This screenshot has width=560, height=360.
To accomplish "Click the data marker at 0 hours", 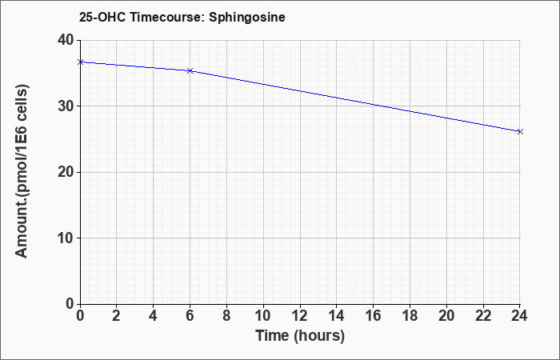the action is click(x=81, y=62).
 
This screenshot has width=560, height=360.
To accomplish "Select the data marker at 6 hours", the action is click(x=190, y=70).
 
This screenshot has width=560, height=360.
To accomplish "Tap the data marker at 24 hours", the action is click(x=520, y=132).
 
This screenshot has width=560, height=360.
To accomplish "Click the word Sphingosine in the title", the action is click(x=247, y=17).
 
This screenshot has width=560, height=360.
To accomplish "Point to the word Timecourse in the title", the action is click(x=166, y=17).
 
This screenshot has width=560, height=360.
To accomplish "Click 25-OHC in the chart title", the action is click(x=102, y=17).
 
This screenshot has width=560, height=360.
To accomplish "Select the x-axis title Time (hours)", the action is click(x=300, y=336).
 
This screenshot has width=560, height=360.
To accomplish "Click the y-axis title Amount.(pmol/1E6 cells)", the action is click(x=22, y=171).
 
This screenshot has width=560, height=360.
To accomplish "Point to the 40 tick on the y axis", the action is click(x=65, y=40).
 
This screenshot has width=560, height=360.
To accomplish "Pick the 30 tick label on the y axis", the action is click(x=65, y=106).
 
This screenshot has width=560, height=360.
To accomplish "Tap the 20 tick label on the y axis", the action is click(x=65, y=172).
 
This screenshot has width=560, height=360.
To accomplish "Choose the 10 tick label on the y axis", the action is click(x=65, y=238).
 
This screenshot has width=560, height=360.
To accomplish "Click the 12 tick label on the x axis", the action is click(x=300, y=316).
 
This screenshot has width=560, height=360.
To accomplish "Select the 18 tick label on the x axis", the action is click(x=410, y=316).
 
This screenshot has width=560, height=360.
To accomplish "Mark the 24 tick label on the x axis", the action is click(x=519, y=316).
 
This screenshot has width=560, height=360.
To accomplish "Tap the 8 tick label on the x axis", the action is click(x=226, y=316).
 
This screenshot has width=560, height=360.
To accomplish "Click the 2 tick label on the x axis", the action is click(x=117, y=316).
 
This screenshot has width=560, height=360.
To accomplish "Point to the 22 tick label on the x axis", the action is click(x=483, y=316).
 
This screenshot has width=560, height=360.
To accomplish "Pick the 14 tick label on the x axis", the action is click(x=337, y=316).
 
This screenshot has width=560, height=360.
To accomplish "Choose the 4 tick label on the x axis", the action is click(x=154, y=316).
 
